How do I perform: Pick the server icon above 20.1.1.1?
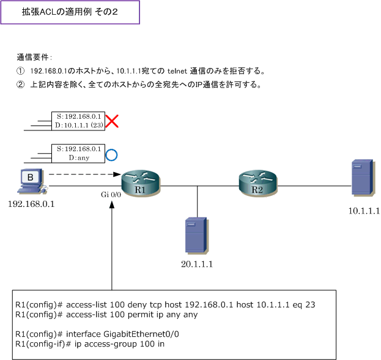coord(195,234)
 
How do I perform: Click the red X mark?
coord(111,121)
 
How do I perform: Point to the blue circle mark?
coord(111,154)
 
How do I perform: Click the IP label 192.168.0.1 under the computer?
coord(31,204)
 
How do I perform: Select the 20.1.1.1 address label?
coord(196,264)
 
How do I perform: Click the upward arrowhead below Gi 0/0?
coord(113,204)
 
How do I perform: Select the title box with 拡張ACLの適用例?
coord(70,12)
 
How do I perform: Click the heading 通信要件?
coord(34,57)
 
